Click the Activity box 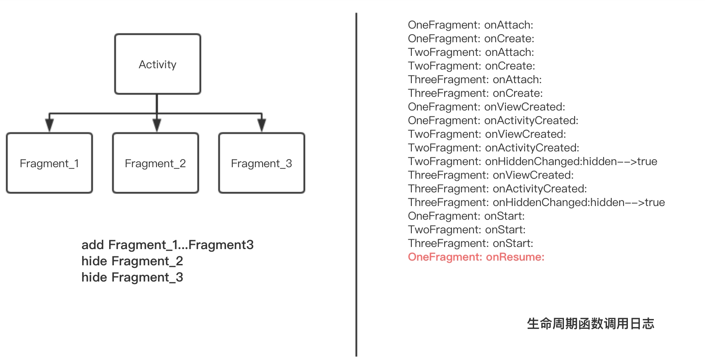pos(157,64)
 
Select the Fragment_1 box pos(49,163)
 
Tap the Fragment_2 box pos(156,163)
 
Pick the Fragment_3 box pos(261,163)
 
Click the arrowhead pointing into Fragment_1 pos(49,125)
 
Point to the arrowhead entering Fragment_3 pos(262,125)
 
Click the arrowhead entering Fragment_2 pos(157,125)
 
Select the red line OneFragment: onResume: pos(476,257)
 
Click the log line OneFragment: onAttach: pos(471,25)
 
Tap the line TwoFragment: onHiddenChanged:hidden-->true pos(532,161)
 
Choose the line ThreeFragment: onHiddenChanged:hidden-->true pos(536,202)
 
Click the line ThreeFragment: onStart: pos(471,243)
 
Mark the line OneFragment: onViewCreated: pos(486,107)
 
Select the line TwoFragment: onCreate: pos(471,66)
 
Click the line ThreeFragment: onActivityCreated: pos(497,189)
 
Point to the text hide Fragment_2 pos(132,261)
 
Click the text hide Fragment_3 pos(132,277)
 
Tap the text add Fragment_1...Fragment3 pos(168,245)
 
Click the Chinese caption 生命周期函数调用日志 pos(590,323)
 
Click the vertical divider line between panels pos(356,183)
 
